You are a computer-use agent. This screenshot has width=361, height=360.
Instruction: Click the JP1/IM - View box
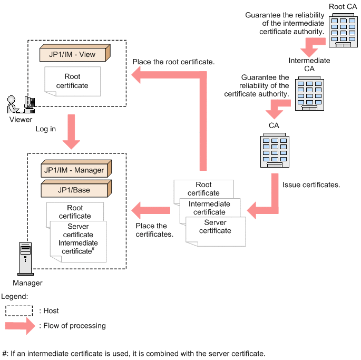point(74,54)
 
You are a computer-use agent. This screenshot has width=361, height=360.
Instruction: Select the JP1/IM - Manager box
point(74,170)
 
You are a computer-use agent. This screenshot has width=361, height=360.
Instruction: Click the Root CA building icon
point(343,31)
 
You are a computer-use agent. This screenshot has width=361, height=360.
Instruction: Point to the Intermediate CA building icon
point(309,94)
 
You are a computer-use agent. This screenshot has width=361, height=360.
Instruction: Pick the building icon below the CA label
point(274,151)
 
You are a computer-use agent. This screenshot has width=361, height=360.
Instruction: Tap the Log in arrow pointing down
point(71,135)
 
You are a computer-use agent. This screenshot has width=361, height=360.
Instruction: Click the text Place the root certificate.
point(173,62)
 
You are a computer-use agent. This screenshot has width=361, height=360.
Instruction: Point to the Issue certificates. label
point(311,185)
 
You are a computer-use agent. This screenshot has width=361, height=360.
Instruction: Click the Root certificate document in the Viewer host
point(73,81)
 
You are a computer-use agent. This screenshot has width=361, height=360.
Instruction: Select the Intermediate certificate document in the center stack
point(209,208)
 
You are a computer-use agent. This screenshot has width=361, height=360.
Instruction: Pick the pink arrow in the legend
point(21,326)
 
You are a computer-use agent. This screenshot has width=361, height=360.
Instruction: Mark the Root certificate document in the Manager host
point(74,212)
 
